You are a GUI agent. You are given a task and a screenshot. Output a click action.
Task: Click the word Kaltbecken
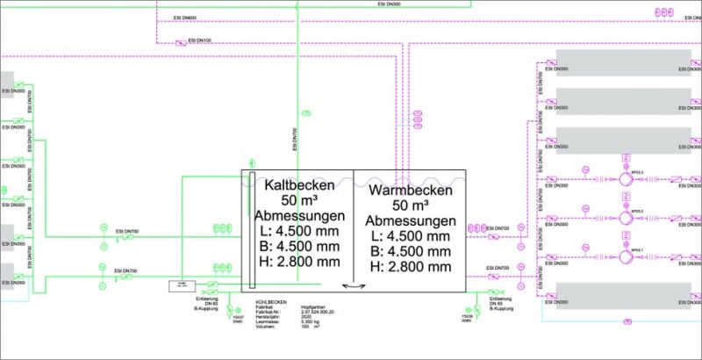point(298,185)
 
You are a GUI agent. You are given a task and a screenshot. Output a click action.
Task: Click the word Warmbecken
point(410,190)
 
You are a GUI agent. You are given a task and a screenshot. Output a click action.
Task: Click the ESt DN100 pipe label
point(203,40)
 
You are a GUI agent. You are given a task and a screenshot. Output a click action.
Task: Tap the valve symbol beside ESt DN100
point(182,41)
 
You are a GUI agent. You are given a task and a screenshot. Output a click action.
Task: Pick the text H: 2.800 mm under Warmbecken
point(410,265)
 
